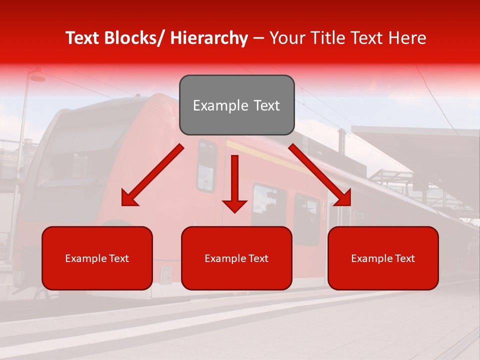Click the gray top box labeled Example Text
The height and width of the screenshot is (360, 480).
(237, 105)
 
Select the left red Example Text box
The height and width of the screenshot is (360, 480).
(97, 258)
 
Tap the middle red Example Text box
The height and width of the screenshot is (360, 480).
(236, 258)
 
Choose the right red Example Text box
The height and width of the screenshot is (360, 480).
(383, 258)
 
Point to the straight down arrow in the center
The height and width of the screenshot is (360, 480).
(234, 182)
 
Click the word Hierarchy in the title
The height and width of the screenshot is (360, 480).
(209, 38)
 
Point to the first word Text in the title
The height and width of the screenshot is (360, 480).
(82, 38)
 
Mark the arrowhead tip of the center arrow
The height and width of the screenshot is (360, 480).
(234, 212)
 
